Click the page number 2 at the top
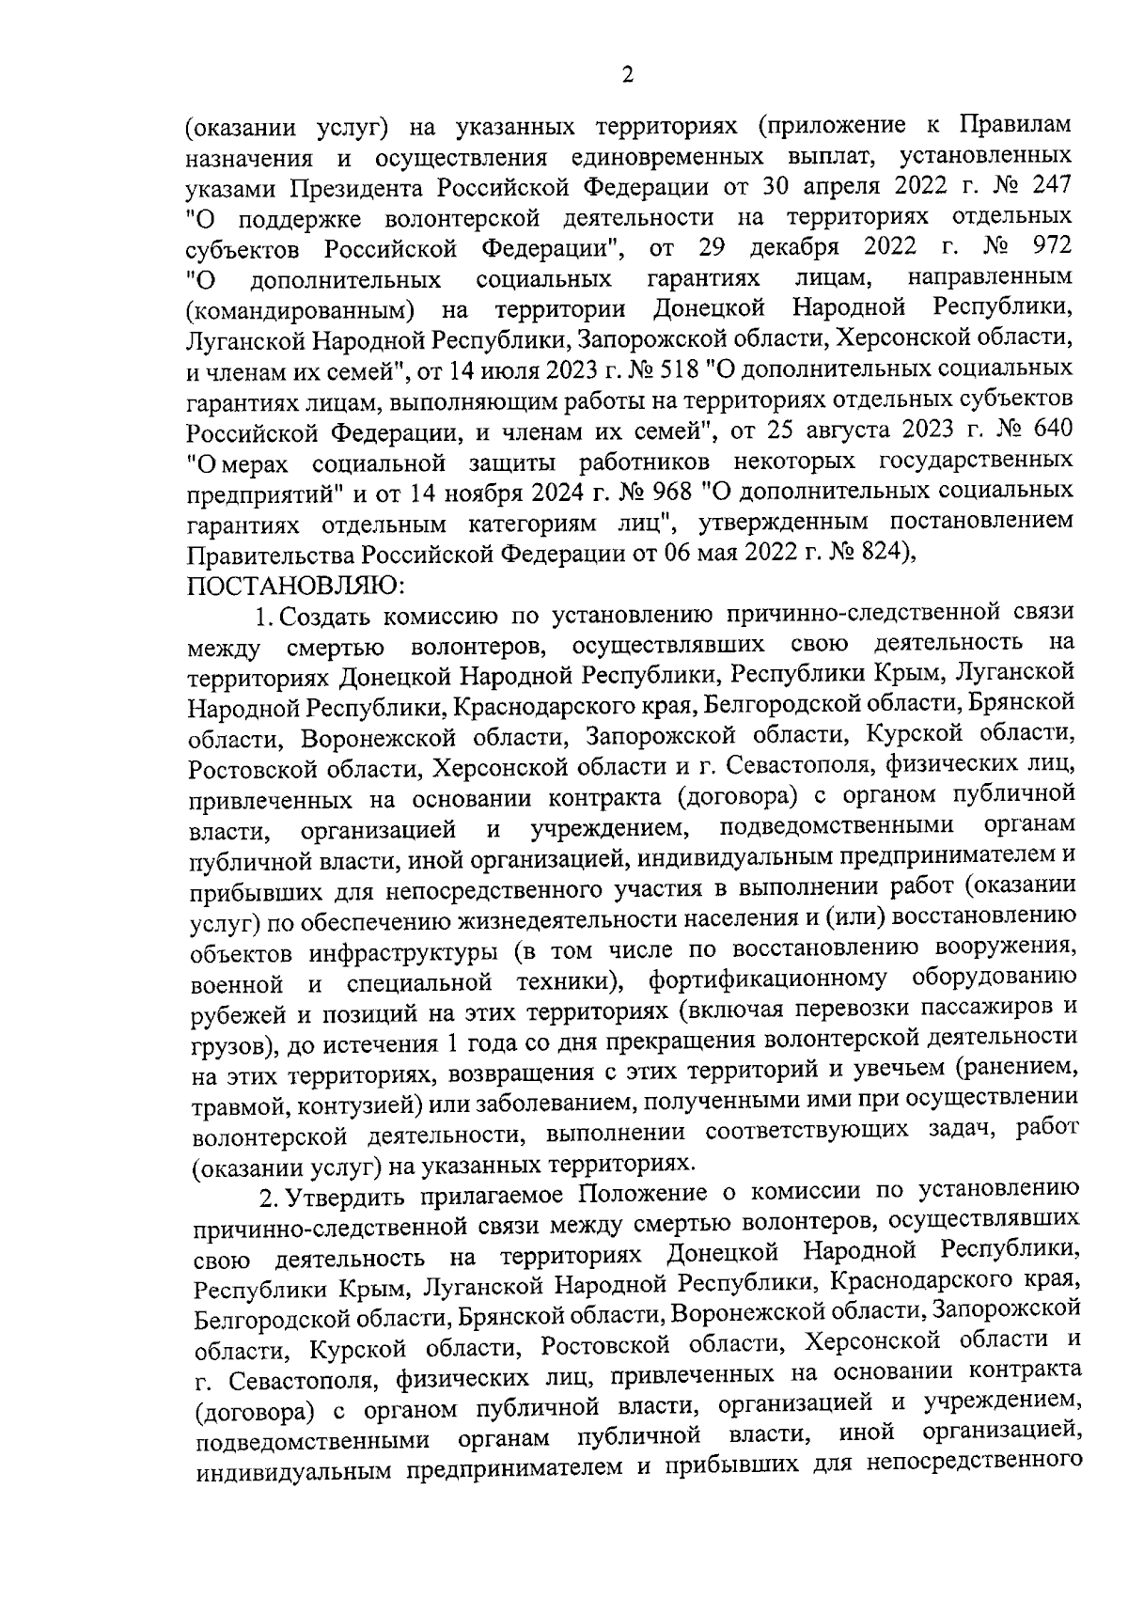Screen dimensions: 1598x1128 tap(627, 75)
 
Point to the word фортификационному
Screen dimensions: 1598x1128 tap(767, 980)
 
